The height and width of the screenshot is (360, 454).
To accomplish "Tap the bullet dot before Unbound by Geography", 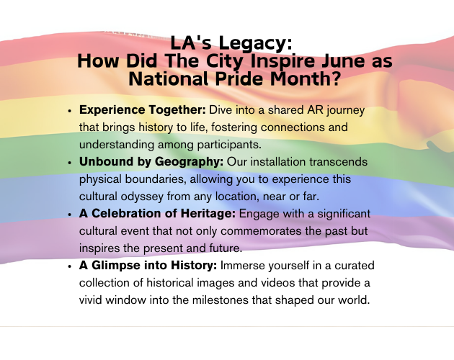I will tap(69, 163).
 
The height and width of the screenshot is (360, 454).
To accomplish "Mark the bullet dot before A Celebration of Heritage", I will tap(69, 215).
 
